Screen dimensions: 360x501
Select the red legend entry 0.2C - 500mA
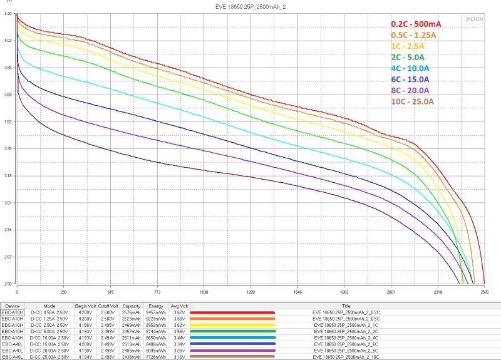tap(415, 24)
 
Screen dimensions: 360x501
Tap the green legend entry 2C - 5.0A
tap(410, 56)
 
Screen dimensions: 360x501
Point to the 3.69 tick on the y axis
tap(8, 95)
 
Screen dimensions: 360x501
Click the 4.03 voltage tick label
tap(8, 41)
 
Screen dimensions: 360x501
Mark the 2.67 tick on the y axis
tap(8, 257)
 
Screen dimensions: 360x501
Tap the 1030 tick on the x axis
tap(204, 292)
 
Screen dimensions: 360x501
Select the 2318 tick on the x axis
tap(438, 292)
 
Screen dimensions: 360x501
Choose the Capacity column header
tap(131, 306)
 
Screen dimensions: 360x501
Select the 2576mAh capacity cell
tap(131, 312)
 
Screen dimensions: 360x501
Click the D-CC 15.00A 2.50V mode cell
tap(50, 344)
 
